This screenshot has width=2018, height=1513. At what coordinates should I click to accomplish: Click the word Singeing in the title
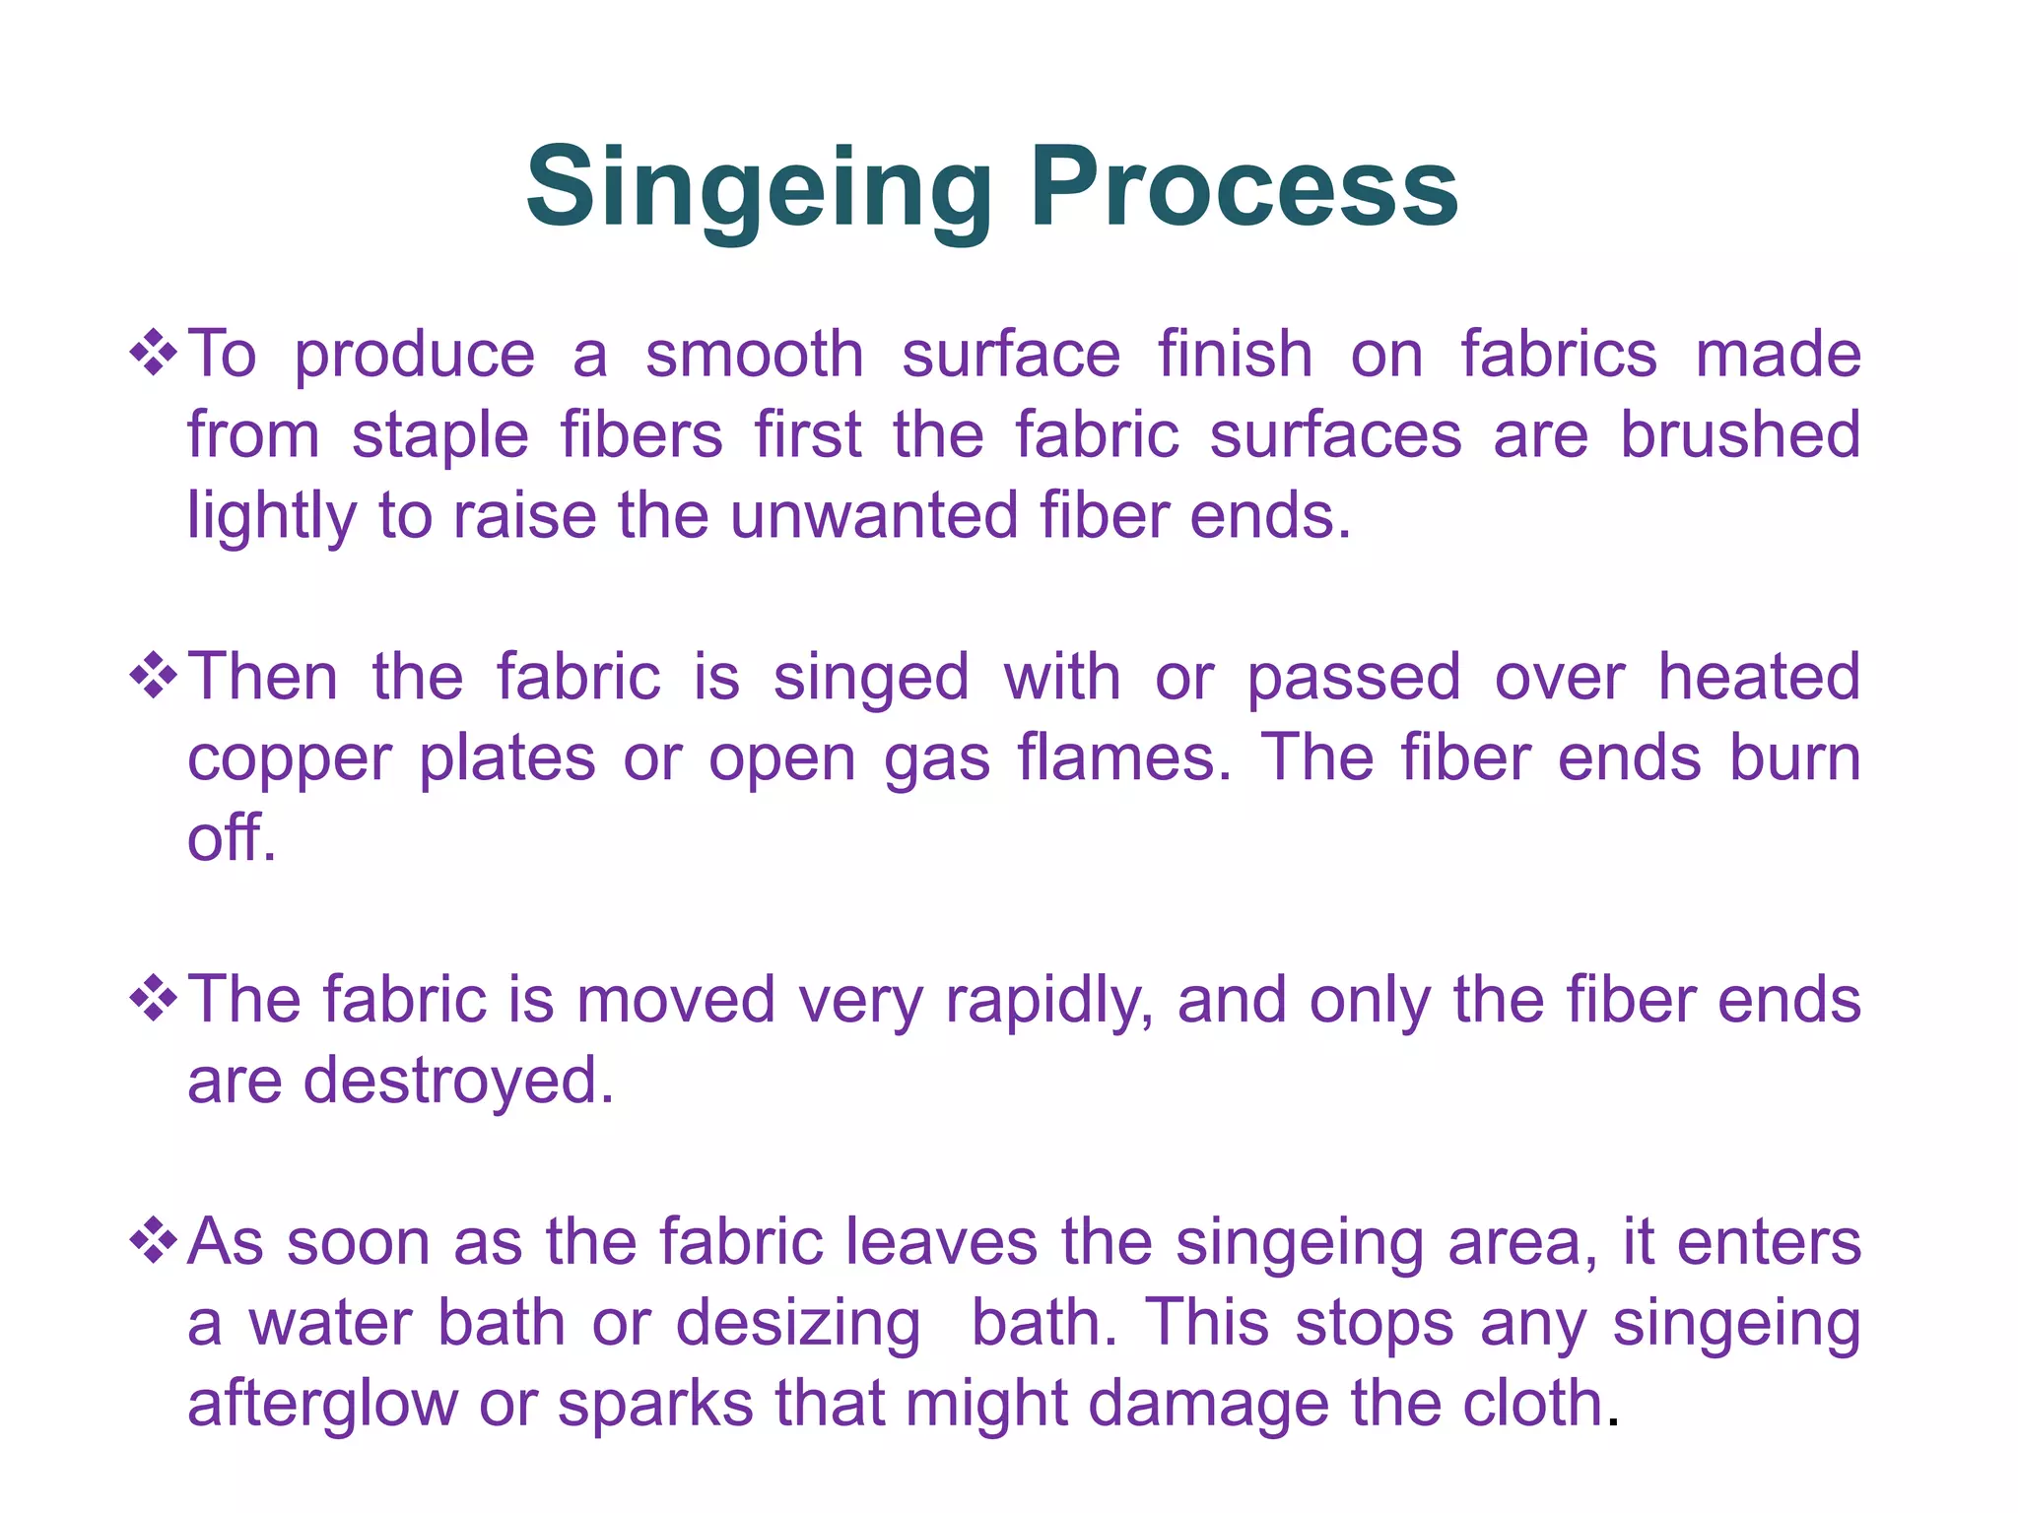(x=759, y=187)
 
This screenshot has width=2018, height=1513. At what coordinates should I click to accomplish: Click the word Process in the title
(x=1244, y=187)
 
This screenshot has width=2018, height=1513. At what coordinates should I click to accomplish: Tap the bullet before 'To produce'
(x=154, y=353)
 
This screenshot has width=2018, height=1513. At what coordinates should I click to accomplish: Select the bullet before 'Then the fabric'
(x=154, y=676)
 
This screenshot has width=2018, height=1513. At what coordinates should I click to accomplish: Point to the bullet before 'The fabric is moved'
(x=154, y=999)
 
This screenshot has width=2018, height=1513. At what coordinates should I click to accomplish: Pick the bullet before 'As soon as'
(x=154, y=1241)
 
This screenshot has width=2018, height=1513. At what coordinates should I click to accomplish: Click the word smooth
(x=755, y=355)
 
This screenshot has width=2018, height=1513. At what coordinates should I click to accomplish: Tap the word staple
(x=439, y=436)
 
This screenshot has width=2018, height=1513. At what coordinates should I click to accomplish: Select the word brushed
(x=1740, y=434)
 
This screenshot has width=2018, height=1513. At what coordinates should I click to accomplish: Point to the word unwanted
(x=873, y=515)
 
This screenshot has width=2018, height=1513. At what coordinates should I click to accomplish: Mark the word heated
(x=1759, y=677)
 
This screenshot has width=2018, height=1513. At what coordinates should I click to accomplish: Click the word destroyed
(x=458, y=1081)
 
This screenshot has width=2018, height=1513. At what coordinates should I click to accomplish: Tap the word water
(x=330, y=1323)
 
